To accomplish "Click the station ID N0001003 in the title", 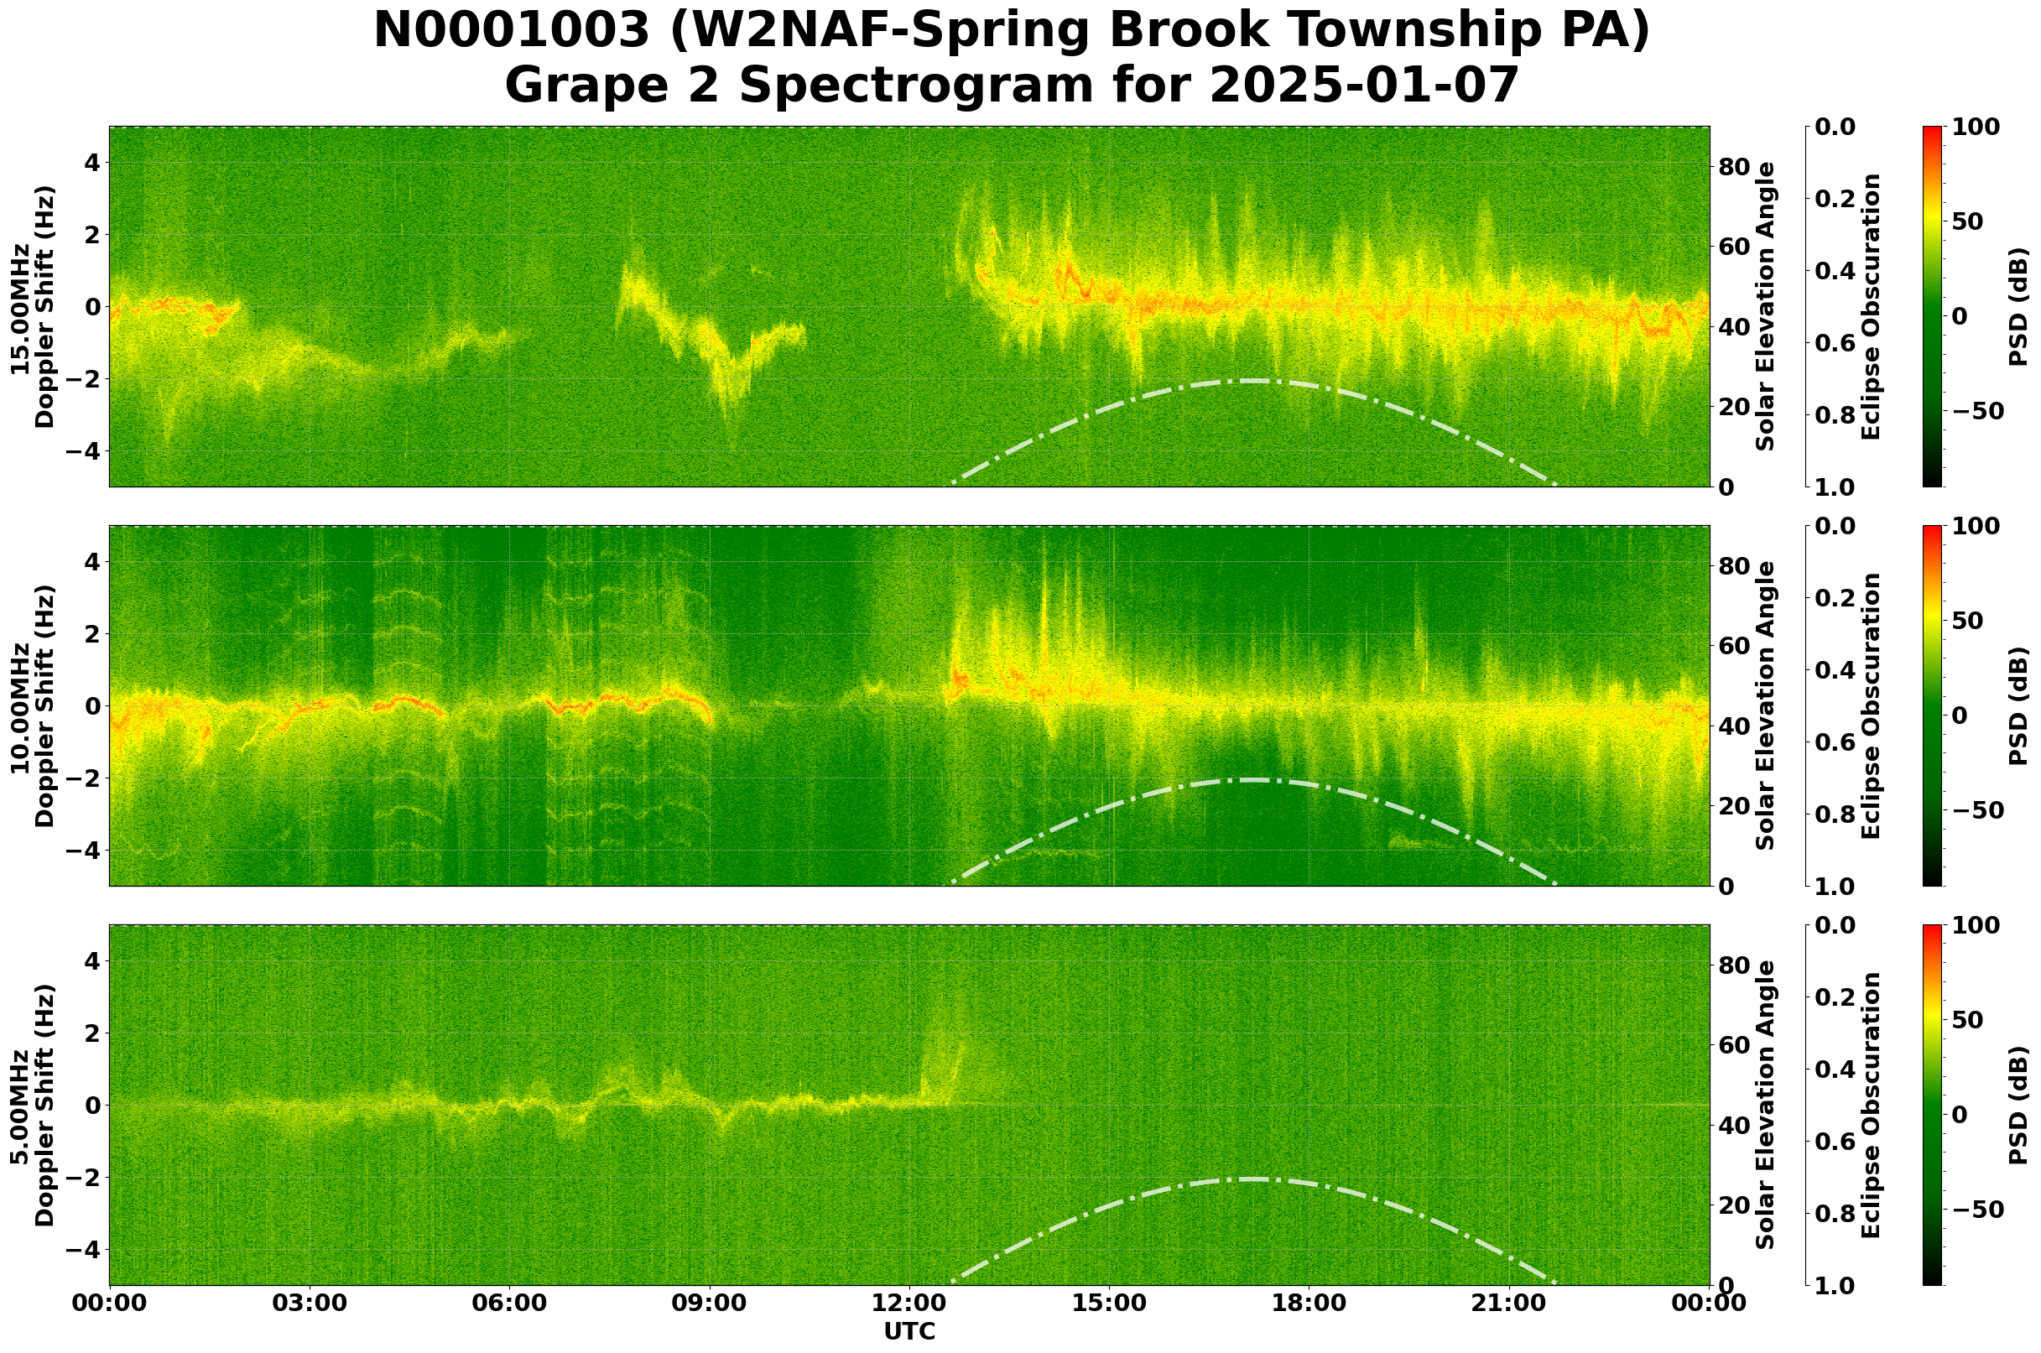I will (x=510, y=32).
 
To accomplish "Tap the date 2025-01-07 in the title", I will (x=1363, y=86).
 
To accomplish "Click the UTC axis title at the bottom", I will (x=909, y=1332).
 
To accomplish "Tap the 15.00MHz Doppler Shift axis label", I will (x=33, y=306).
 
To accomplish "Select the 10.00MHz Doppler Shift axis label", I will (x=33, y=705).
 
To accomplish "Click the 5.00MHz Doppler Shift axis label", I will (x=33, y=1106).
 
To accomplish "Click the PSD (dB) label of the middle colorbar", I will (x=2018, y=705).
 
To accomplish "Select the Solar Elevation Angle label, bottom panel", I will (x=1766, y=1106).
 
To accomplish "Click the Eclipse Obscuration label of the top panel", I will (x=1871, y=306).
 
